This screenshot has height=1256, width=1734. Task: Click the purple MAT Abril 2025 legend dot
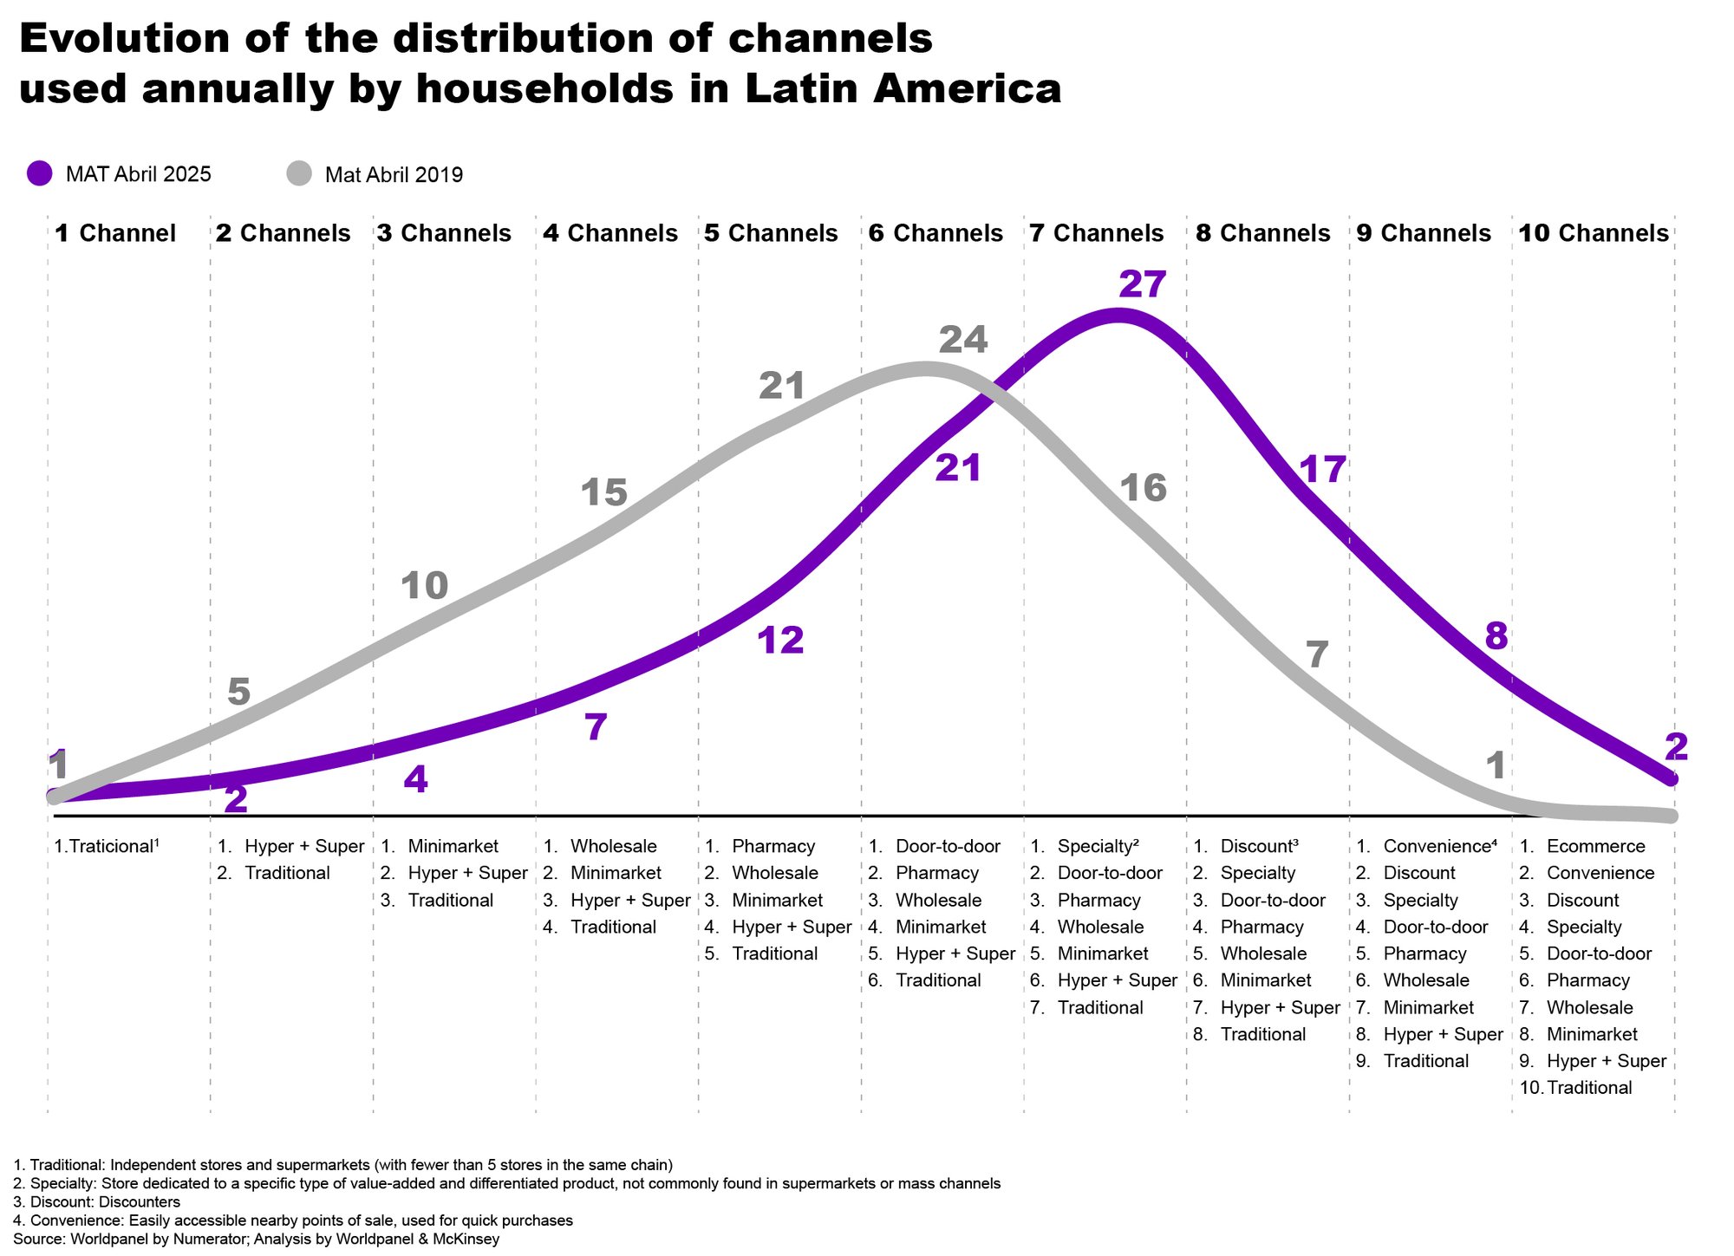pos(40,173)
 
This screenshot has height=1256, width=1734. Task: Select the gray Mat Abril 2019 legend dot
pos(299,173)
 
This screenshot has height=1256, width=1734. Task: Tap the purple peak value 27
pos(1142,284)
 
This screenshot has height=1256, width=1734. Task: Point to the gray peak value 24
pos(963,340)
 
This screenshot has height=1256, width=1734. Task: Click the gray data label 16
pos(1143,489)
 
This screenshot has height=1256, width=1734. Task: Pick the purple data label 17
pos(1322,470)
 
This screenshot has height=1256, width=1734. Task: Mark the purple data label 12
pos(780,641)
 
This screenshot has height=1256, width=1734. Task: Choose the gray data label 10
pos(424,587)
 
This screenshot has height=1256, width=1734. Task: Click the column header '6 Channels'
pos(935,233)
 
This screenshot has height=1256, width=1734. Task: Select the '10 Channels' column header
pos(1594,233)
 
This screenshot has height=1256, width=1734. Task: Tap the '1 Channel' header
pos(114,233)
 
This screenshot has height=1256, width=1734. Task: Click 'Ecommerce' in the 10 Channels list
pos(1595,846)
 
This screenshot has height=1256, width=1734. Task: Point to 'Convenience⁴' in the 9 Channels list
pos(1440,846)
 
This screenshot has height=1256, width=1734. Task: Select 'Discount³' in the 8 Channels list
pos(1259,846)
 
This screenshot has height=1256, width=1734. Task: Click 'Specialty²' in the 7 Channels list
pos(1098,846)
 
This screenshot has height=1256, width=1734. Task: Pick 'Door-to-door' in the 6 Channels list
pos(948,846)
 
